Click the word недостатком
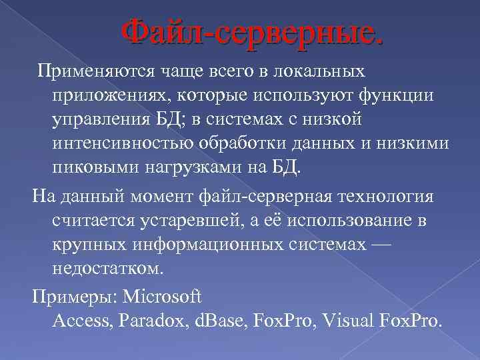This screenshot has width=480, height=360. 107,268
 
